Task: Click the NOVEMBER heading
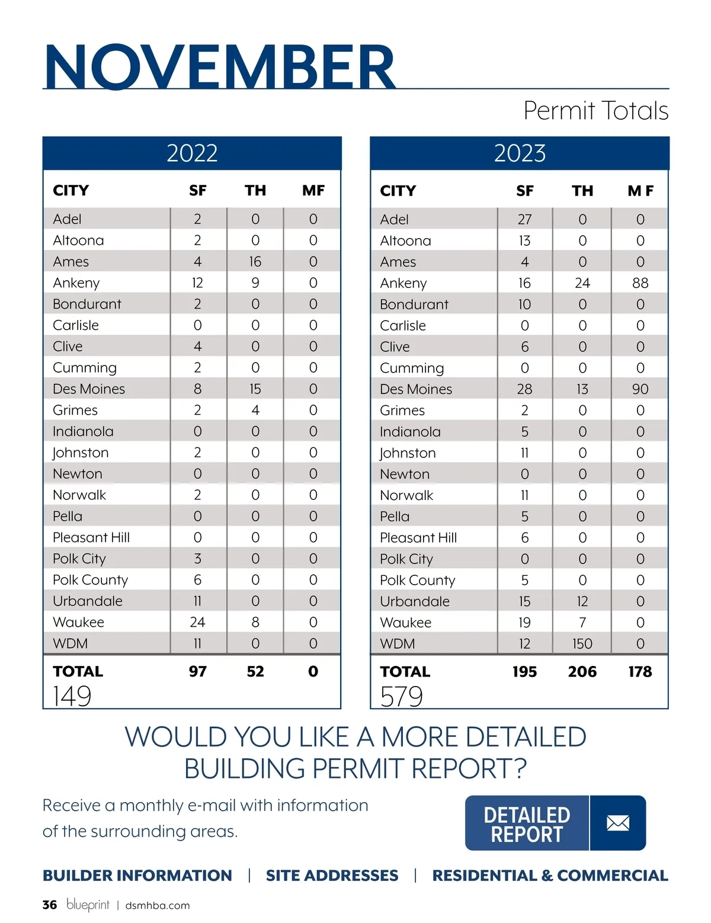219,66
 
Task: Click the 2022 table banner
192,153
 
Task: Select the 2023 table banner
520,153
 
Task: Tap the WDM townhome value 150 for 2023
582,644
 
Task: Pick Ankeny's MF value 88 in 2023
640,283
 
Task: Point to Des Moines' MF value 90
640,389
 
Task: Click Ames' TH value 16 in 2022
255,262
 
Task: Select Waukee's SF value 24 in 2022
197,622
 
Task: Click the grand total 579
401,696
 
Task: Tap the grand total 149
72,696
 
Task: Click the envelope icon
618,823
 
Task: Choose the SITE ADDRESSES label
332,876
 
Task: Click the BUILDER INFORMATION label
137,876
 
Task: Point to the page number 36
50,905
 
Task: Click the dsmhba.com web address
158,906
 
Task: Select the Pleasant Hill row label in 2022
91,537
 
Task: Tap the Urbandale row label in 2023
415,601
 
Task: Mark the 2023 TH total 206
582,672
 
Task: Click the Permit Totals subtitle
595,111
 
